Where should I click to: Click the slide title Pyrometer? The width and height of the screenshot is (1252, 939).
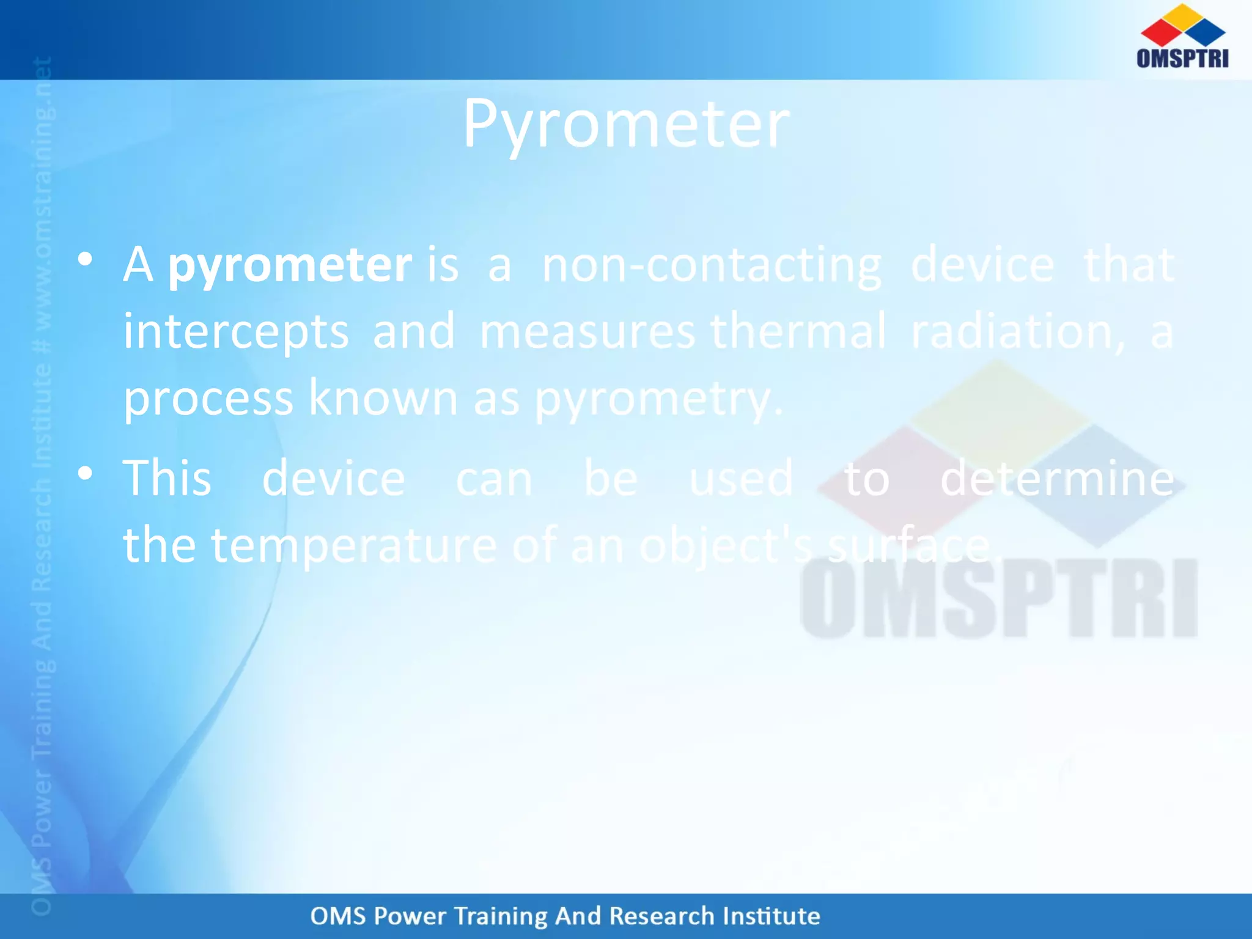coord(626,125)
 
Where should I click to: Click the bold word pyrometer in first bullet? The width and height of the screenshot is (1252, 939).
coord(290,266)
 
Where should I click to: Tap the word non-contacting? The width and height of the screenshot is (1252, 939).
coord(712,266)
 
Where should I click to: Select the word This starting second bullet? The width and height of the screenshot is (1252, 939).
coord(167,479)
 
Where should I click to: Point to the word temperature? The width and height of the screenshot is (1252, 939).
coord(353,546)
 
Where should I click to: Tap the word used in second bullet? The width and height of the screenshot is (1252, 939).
coord(741,479)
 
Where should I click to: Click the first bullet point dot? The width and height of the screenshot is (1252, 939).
coord(85,259)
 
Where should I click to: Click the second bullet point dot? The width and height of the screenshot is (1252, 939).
coord(85,473)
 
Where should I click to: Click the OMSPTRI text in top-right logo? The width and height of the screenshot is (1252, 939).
coord(1182,58)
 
